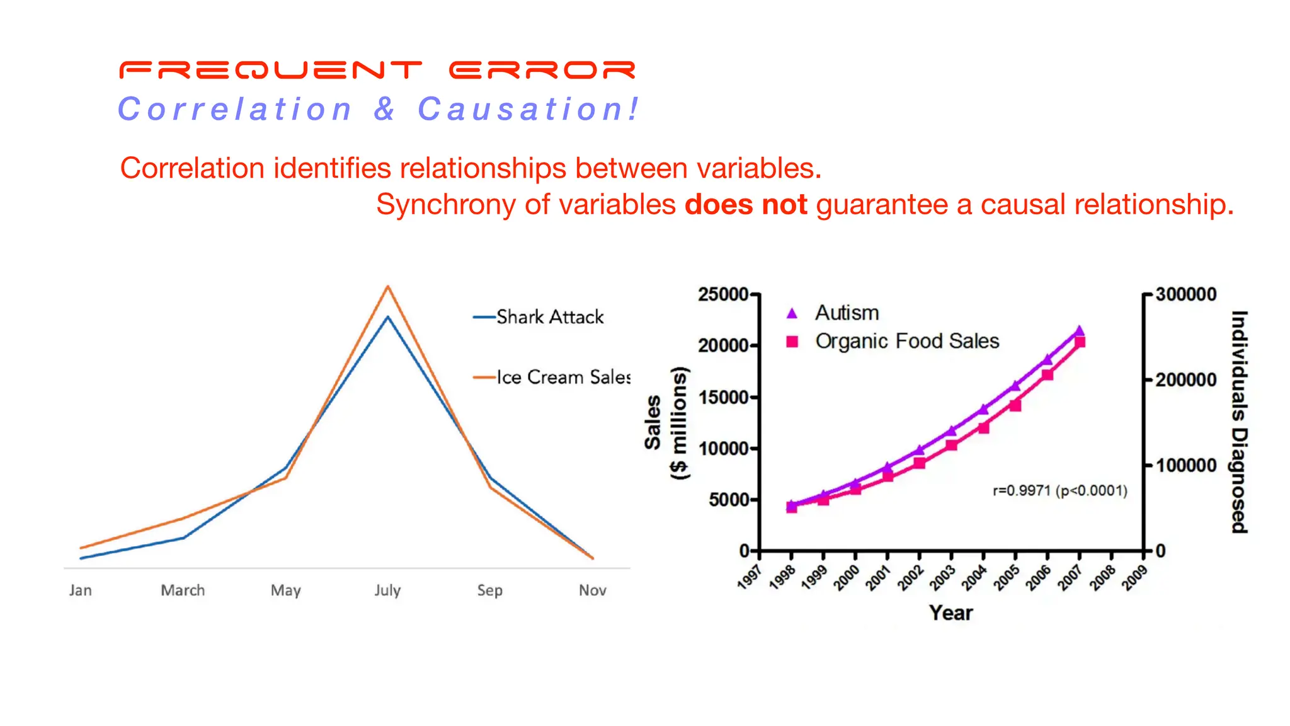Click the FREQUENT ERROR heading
point(377,70)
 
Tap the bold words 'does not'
point(745,205)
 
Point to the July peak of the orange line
point(388,287)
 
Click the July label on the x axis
point(387,591)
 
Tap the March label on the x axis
point(183,591)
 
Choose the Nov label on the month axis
point(592,591)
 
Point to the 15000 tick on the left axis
point(724,397)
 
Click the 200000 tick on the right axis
point(1185,380)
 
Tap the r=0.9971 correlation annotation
point(1059,490)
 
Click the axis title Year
point(950,613)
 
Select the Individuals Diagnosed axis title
point(1239,422)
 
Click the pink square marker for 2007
point(1080,342)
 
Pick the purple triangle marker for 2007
point(1079,330)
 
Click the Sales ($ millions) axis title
point(666,423)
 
